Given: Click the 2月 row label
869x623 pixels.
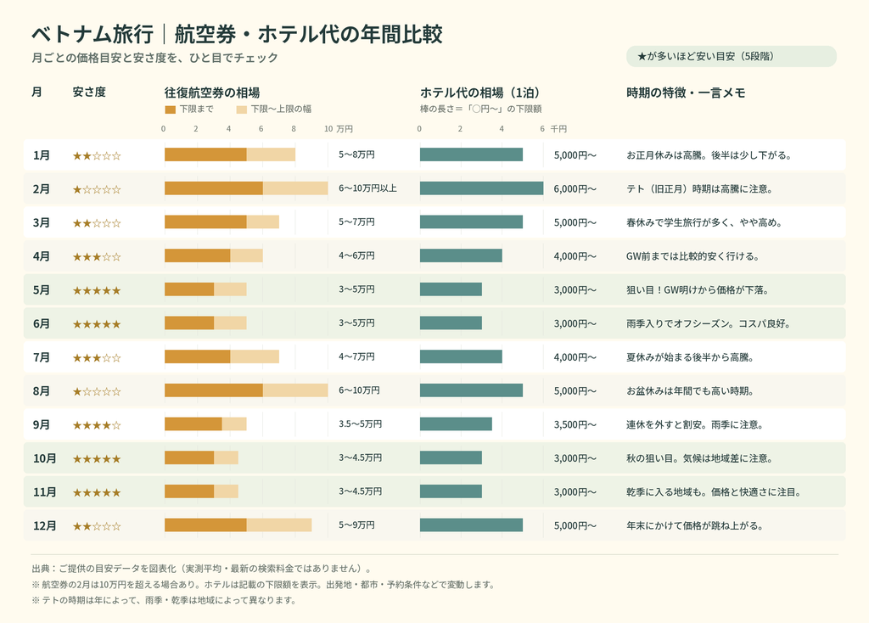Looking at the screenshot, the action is click(42, 189).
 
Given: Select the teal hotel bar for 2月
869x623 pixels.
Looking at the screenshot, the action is click(482, 188).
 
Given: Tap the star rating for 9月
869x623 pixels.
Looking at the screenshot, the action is click(97, 425).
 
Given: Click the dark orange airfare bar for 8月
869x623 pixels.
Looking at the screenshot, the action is click(214, 390).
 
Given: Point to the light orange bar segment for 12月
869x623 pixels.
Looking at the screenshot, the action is click(279, 525).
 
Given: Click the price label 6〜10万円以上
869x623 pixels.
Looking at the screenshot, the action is click(368, 188).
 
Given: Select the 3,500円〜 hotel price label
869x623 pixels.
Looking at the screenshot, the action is click(575, 424).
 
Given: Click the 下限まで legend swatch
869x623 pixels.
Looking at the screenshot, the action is click(170, 109).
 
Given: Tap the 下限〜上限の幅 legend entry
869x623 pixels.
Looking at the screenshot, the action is click(274, 109).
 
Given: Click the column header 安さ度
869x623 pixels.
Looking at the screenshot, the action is click(89, 92).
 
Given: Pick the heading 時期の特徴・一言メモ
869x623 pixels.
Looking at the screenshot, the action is click(686, 93).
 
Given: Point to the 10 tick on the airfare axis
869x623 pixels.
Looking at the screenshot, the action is click(328, 129).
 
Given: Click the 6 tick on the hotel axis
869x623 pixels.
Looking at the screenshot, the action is click(542, 129).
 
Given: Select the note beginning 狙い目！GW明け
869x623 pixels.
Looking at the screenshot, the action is click(698, 290).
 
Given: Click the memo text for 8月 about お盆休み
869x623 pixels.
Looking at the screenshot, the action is click(690, 390).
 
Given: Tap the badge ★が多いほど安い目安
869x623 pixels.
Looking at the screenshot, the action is click(731, 57).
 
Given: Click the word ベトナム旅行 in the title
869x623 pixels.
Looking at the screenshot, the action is click(93, 34).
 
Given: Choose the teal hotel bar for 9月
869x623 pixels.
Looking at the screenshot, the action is click(456, 424).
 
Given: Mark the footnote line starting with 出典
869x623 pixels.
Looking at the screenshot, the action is click(202, 569).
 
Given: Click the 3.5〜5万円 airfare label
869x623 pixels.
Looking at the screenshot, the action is click(360, 424).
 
